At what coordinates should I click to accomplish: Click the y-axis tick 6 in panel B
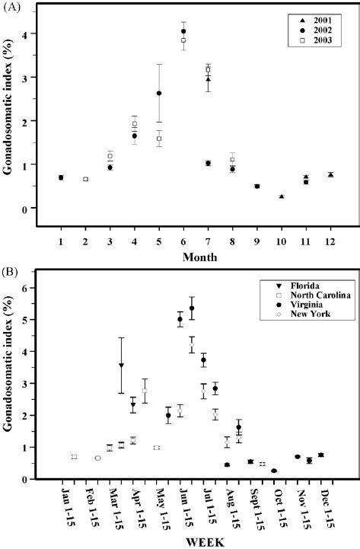[44, 288]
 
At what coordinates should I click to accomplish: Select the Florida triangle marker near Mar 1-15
[121, 365]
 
